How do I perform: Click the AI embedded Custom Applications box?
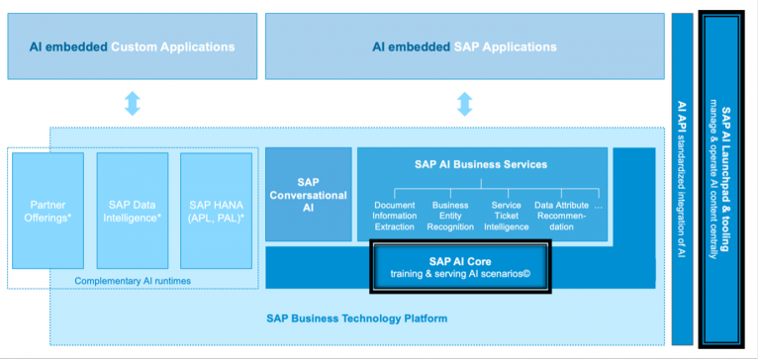point(132,46)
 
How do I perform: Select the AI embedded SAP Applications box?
point(464,46)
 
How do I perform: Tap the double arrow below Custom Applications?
point(132,103)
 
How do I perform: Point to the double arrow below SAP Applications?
point(464,103)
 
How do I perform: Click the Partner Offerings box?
point(48,211)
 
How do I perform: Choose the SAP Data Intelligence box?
point(132,211)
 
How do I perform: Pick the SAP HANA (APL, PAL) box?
point(216,211)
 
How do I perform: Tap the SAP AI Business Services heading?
point(481,164)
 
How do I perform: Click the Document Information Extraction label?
point(394,216)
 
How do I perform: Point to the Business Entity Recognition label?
point(450,216)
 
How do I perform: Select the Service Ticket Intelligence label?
point(506,216)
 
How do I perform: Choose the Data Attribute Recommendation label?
point(561,216)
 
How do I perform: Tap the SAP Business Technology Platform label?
point(356,318)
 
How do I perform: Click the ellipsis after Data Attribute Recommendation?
point(597,206)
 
